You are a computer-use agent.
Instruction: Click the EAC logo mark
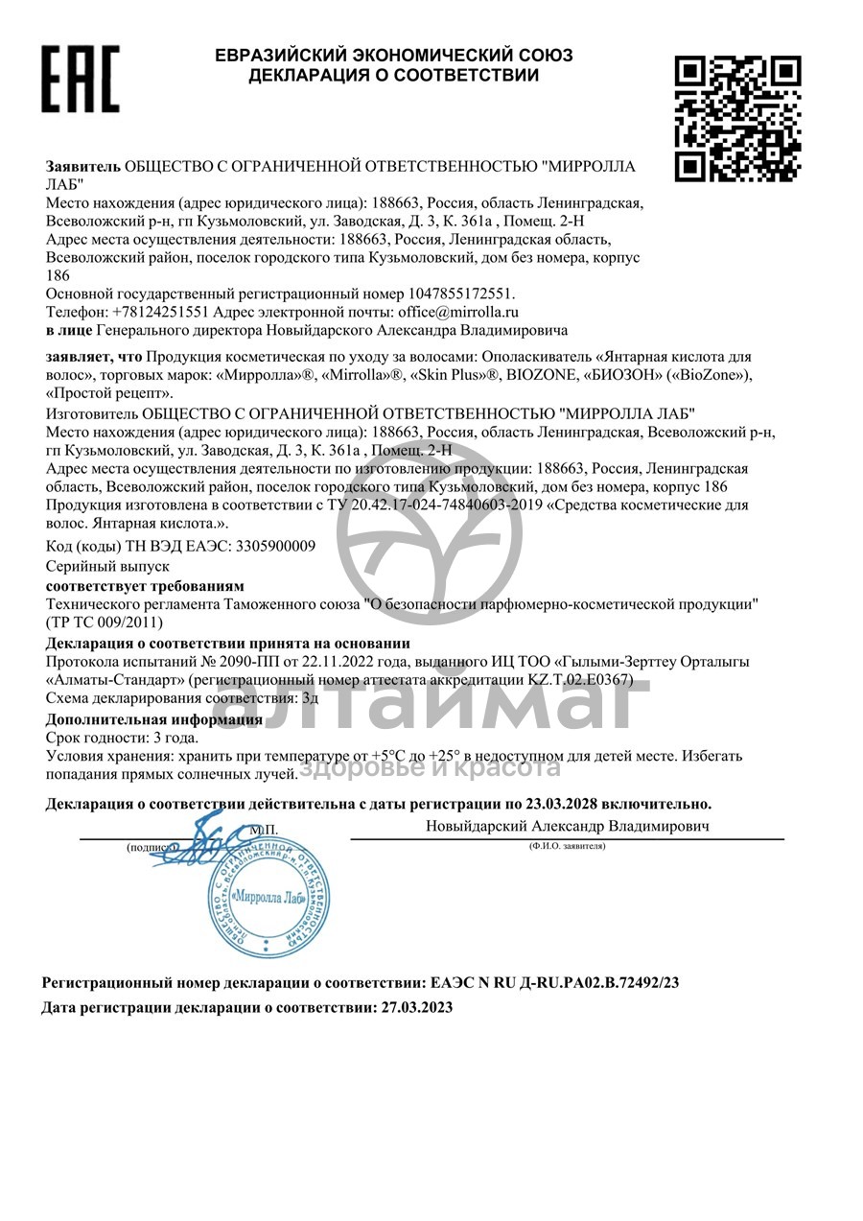(80, 78)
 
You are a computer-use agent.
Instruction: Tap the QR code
(737, 118)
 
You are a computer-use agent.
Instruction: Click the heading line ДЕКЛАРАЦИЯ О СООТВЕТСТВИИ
(393, 75)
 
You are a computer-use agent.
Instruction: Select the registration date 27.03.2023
(416, 1008)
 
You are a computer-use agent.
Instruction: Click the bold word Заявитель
(84, 166)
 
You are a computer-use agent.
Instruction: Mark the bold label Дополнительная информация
(154, 719)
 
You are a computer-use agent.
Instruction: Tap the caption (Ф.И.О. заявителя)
(567, 847)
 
